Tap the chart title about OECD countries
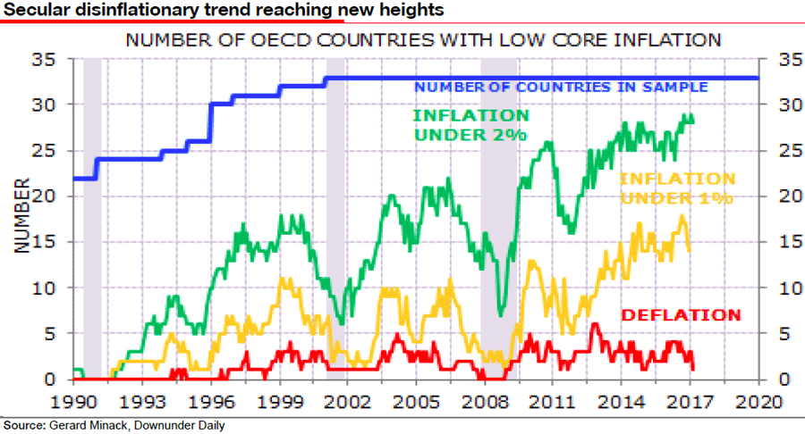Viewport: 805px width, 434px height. [x=423, y=41]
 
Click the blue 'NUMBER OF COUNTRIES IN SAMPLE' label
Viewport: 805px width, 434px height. [x=562, y=87]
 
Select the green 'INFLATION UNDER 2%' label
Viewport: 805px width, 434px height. [x=470, y=125]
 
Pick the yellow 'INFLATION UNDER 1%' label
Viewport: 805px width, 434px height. [x=677, y=188]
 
